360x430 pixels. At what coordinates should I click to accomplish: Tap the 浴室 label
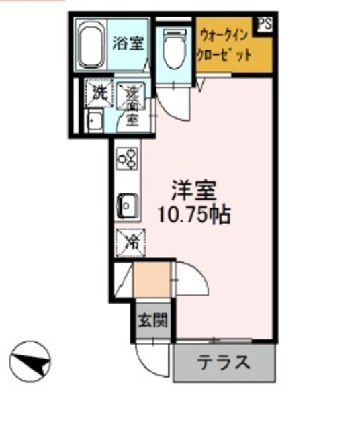point(128,44)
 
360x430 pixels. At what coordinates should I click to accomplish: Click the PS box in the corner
point(264,24)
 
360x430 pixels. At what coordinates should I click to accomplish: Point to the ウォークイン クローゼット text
point(224,46)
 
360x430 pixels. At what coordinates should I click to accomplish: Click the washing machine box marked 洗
point(99,94)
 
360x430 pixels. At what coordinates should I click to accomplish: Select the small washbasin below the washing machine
point(94,122)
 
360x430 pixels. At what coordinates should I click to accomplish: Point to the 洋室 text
point(193,191)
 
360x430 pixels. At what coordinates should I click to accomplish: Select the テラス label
point(224,363)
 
